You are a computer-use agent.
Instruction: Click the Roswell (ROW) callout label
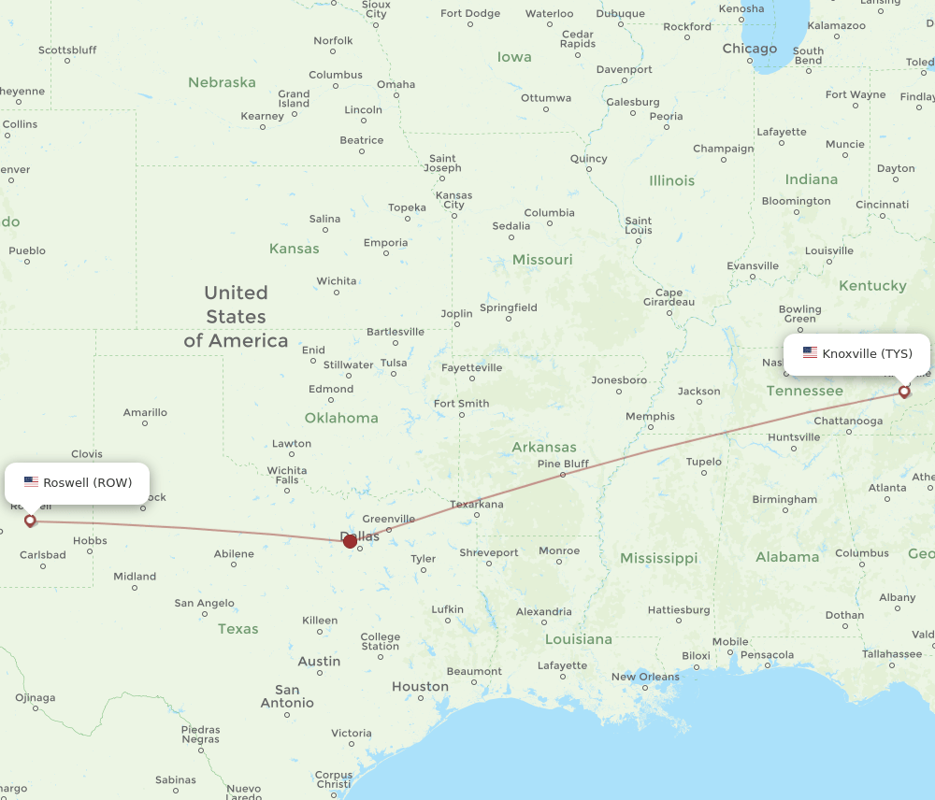point(78,482)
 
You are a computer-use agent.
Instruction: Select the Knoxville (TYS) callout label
point(856,353)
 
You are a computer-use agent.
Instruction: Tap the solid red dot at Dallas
point(350,541)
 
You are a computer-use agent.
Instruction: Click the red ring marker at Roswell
point(30,521)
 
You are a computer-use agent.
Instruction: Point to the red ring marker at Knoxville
point(904,392)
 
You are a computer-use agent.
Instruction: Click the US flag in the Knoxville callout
point(810,353)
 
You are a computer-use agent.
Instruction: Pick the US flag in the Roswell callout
point(32,482)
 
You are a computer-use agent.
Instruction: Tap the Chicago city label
point(749,49)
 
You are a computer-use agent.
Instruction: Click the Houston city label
point(420,687)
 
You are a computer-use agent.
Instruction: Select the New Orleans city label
point(645,677)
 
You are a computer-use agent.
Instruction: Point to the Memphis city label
point(650,416)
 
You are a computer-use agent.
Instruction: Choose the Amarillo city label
point(145,412)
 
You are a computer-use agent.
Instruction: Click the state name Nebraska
point(222,82)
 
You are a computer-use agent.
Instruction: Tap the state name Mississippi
point(658,558)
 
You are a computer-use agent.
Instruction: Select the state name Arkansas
point(544,447)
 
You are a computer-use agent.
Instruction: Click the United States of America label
point(236,317)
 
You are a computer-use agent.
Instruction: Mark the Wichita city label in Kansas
point(337,280)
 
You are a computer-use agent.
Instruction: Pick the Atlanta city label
point(887,488)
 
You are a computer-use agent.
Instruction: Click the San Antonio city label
point(287,696)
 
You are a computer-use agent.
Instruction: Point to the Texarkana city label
point(477,505)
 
